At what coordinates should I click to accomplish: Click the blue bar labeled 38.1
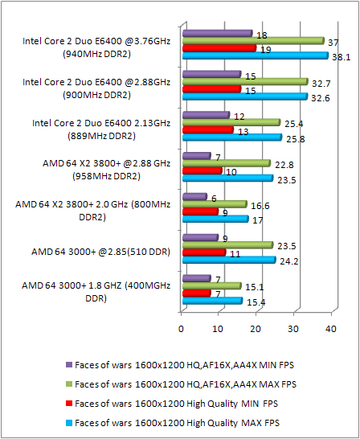coord(255,55)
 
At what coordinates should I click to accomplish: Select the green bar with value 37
coord(252,40)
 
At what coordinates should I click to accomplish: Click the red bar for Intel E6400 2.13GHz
coord(207,129)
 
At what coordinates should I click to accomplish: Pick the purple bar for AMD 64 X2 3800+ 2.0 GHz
coord(194,197)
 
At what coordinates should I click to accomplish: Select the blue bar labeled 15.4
coord(211,301)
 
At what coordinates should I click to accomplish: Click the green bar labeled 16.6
coord(214,204)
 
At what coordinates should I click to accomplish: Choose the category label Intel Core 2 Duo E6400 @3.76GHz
coord(96,47)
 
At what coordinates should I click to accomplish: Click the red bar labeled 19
coord(219,48)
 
